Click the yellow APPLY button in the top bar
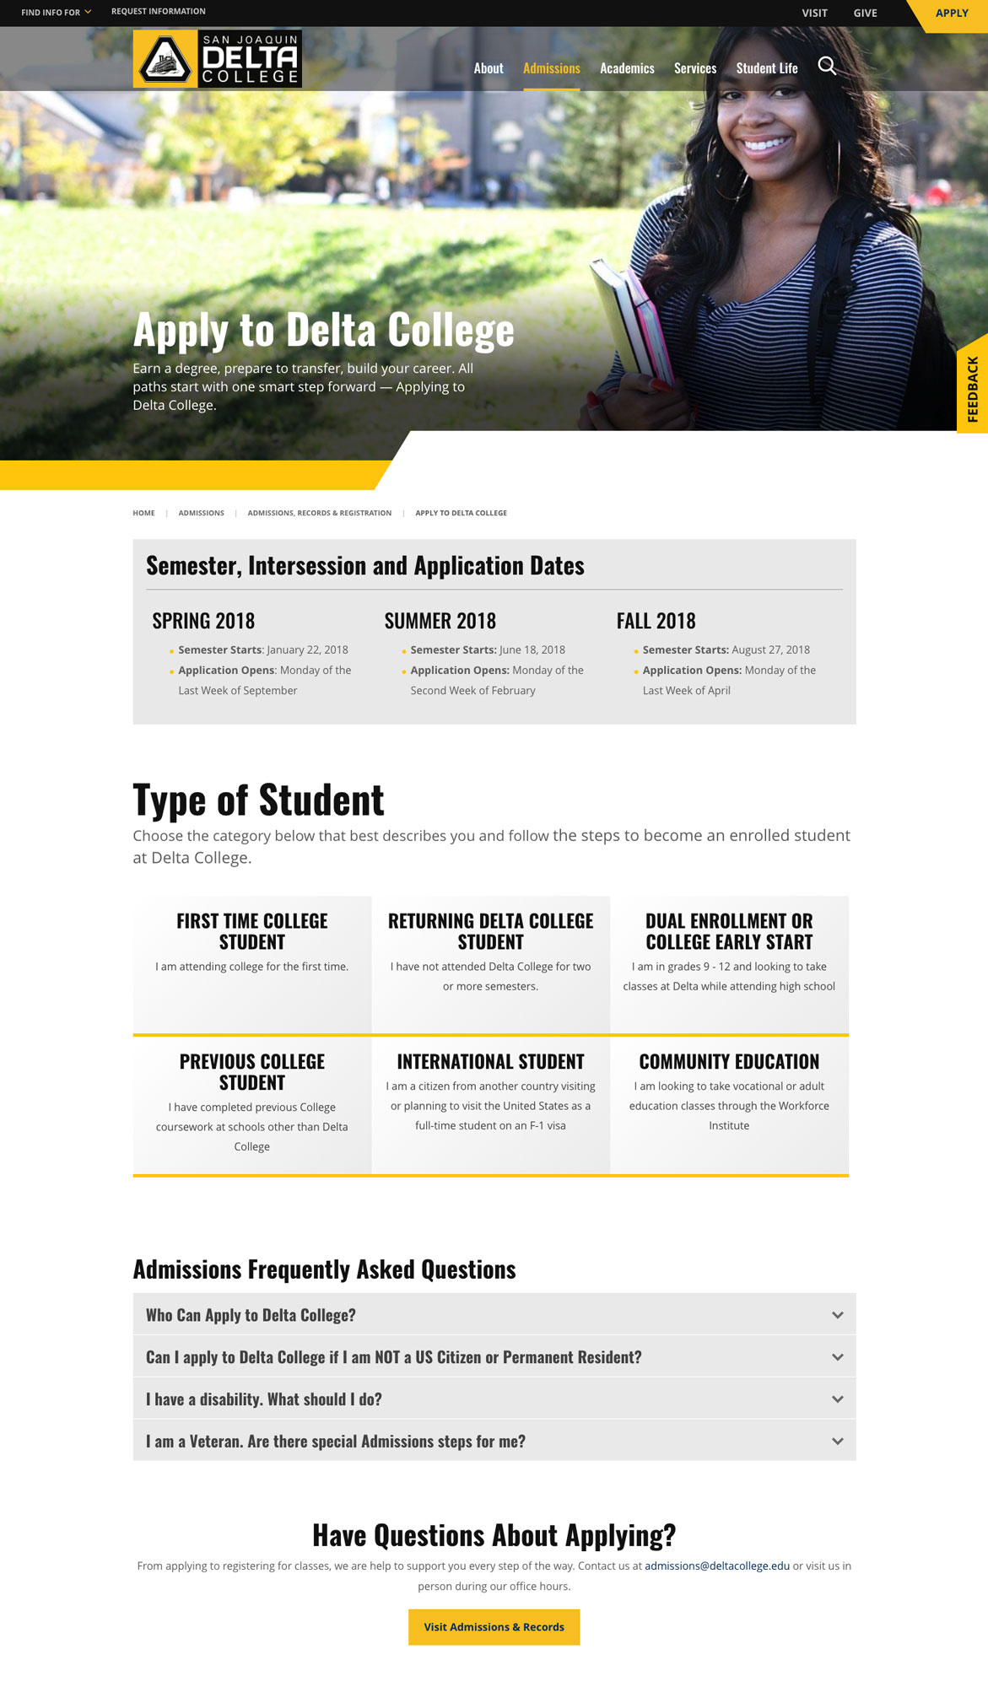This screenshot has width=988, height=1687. [951, 13]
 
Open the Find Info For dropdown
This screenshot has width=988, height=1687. [56, 13]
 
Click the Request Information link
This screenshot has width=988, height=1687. [159, 12]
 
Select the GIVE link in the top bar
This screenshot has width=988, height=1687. [865, 13]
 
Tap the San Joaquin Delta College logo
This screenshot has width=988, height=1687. [217, 59]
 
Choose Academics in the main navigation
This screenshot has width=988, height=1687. [627, 68]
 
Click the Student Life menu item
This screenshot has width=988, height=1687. [766, 68]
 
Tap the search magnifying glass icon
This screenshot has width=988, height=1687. [827, 66]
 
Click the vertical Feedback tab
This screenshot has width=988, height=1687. [973, 389]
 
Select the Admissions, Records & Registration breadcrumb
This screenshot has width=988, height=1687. [319, 513]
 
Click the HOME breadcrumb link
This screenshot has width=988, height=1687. [143, 513]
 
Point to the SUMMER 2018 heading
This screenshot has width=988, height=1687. [440, 622]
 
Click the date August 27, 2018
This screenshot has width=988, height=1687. [770, 649]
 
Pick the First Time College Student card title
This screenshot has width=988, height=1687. [251, 931]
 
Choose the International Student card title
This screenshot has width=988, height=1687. [490, 1062]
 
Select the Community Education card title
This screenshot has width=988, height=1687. [729, 1062]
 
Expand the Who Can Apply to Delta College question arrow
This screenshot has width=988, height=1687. [837, 1315]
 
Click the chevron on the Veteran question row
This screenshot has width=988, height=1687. [837, 1442]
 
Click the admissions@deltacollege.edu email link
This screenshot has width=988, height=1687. [717, 1566]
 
